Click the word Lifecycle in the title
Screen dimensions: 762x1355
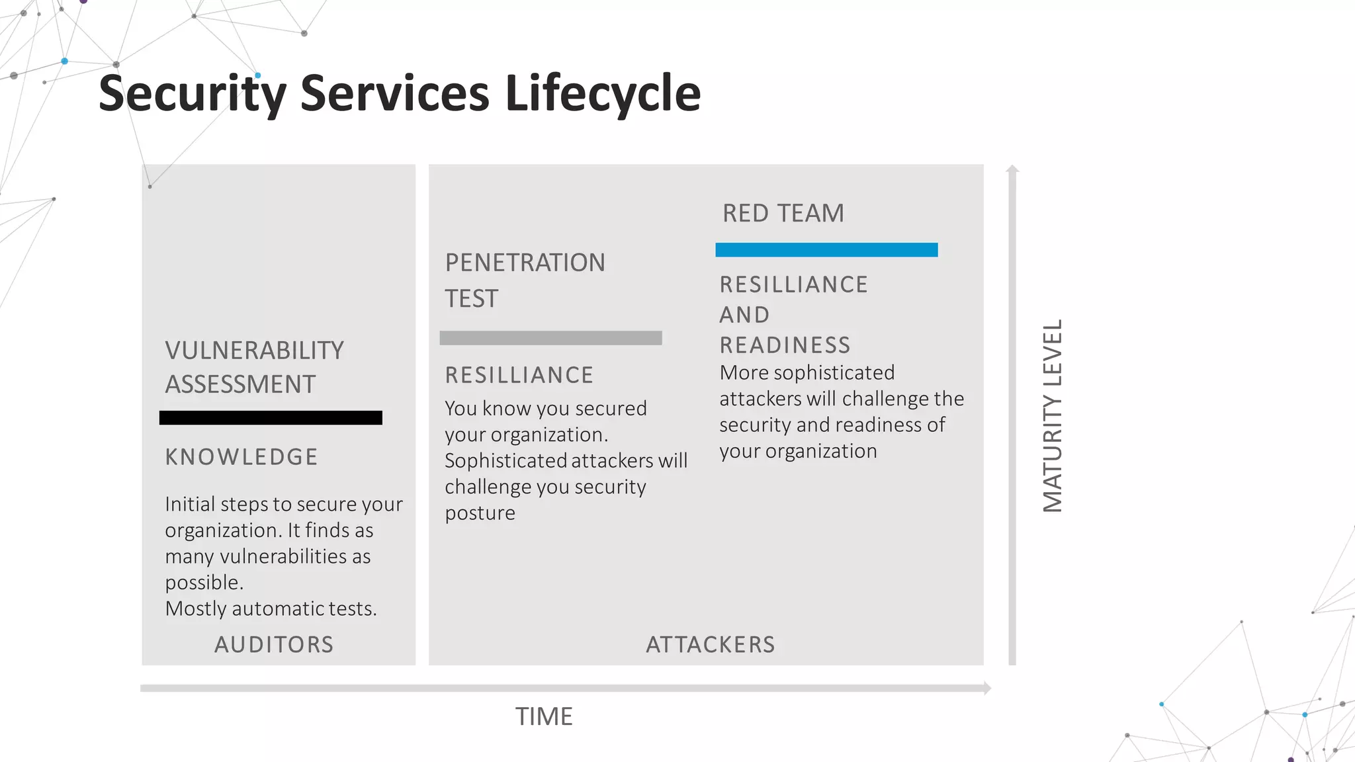[x=603, y=93]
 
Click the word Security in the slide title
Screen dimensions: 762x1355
[x=193, y=93]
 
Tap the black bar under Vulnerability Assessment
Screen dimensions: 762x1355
[x=271, y=418]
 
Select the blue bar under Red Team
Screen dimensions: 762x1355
[x=826, y=250]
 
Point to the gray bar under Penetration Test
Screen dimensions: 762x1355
[x=550, y=338]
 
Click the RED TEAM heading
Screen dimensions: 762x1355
[x=783, y=214]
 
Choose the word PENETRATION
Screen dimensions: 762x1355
[x=525, y=263]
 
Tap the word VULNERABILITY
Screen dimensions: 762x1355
[x=254, y=351]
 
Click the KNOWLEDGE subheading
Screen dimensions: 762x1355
[x=241, y=457]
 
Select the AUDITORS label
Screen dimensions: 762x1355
[x=274, y=645]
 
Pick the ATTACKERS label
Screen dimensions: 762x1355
[x=710, y=645]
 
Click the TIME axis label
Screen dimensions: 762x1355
[x=544, y=717]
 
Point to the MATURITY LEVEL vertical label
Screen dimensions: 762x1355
[x=1053, y=416]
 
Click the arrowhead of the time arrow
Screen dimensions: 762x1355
[x=987, y=689]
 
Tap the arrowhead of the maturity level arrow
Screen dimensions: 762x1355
[x=1012, y=169]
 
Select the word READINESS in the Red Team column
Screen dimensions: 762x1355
[x=785, y=345]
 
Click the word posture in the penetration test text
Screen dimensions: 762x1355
[x=480, y=513]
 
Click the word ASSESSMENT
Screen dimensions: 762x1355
[x=240, y=385]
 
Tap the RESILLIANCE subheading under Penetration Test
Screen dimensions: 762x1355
[x=519, y=376]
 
